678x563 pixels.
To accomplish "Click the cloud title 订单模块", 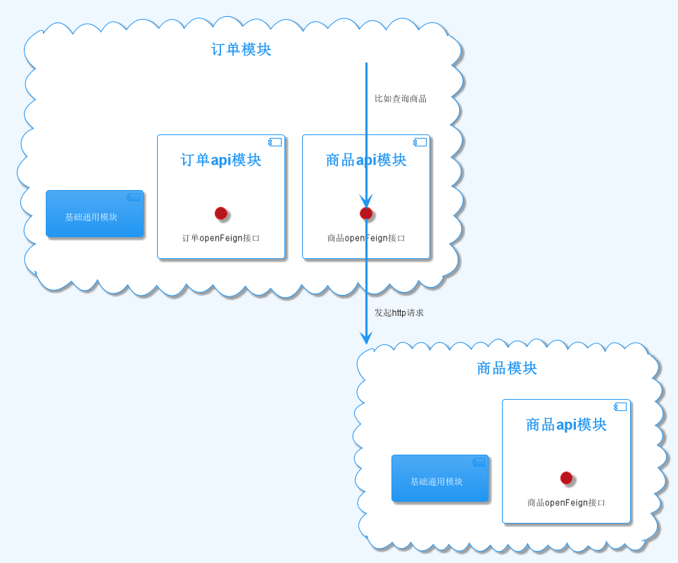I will pos(241,50).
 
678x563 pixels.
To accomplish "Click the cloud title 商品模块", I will pos(507,368).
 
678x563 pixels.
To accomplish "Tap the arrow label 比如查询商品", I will pos(400,99).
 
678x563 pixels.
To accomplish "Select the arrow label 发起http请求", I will pos(398,312).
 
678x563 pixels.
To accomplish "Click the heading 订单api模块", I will pos(221,160).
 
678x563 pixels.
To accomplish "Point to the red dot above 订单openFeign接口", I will pos(221,213).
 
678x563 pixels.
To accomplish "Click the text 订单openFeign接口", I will pos(221,238).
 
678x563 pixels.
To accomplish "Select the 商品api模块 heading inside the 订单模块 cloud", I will pos(366,160).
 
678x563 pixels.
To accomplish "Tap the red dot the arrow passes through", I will pos(366,213).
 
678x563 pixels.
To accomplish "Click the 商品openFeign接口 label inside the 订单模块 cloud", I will pos(366,238).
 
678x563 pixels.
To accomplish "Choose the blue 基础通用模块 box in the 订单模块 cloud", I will pos(94,214).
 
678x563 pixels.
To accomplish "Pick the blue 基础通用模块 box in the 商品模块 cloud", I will pos(439,479).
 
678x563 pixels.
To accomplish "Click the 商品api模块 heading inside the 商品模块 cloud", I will pos(566,425).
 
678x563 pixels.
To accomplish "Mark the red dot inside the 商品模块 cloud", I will pos(566,478).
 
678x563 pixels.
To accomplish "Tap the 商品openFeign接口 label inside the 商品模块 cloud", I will pos(566,502).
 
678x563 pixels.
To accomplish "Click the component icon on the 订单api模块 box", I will pos(275,142).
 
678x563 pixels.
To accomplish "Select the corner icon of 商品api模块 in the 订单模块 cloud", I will pos(420,142).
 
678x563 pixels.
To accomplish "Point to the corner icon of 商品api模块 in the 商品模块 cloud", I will pos(620,407).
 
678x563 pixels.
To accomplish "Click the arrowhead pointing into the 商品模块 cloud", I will pos(366,338).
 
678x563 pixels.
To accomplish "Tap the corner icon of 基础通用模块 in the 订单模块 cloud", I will pos(133,197).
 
